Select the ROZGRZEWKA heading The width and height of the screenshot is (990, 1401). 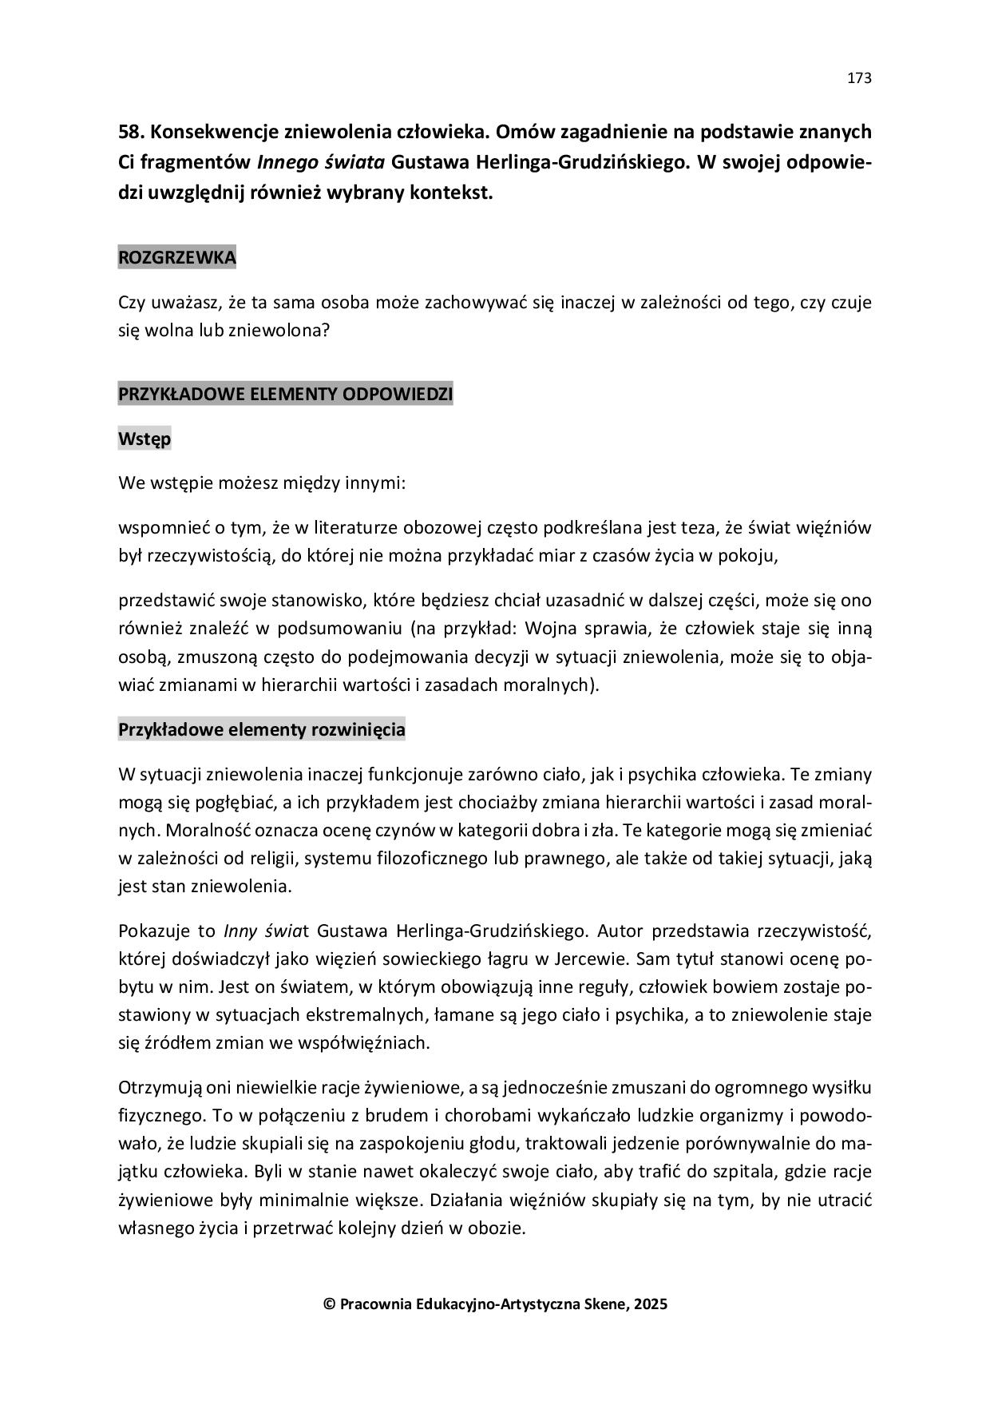click(x=176, y=258)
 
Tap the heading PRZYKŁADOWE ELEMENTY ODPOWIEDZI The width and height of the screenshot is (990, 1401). click(x=285, y=394)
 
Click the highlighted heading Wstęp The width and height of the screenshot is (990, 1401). click(x=145, y=439)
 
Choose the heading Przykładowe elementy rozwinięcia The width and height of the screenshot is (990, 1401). click(x=261, y=730)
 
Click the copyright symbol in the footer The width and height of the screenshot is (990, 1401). click(x=328, y=1304)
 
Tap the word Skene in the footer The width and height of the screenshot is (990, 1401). click(x=607, y=1304)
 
